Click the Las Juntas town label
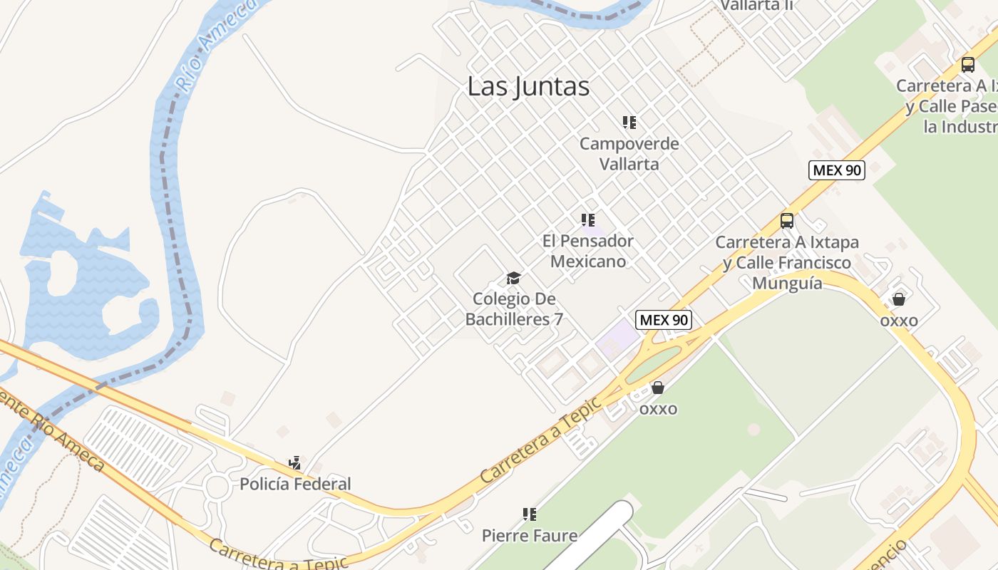528,86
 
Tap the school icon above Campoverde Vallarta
629,123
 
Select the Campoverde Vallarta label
629,153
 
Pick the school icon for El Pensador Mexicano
588,220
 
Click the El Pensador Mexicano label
588,251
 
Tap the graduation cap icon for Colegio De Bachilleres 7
513,278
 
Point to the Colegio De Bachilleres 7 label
514,309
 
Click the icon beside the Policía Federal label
295,463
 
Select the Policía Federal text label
295,484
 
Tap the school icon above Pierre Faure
529,514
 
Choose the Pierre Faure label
530,535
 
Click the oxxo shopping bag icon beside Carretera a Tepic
658,388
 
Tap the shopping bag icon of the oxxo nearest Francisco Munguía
899,299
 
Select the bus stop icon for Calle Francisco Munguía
787,221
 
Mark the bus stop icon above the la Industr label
967,65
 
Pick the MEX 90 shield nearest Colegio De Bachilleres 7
664,320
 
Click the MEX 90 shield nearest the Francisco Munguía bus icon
836,170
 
